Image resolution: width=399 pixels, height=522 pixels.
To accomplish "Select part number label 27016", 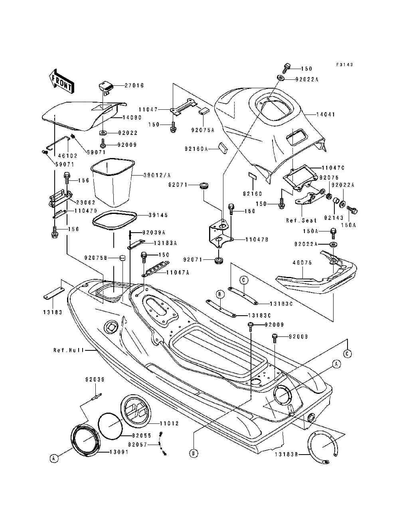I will (134, 85).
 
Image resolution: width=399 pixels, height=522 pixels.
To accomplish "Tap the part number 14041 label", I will (326, 115).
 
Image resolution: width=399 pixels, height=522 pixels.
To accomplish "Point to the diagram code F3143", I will (344, 64).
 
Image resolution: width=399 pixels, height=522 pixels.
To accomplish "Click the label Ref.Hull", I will (69, 350).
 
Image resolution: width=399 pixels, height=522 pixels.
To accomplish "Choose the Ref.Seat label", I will (301, 220).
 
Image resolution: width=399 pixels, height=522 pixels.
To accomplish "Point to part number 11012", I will (169, 423).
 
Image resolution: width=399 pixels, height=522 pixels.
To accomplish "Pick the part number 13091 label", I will (119, 452).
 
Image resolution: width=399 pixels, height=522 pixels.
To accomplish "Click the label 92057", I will (138, 444).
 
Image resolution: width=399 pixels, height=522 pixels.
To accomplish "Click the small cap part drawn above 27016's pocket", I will (106, 87).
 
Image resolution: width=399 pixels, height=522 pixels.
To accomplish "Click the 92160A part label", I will (196, 149).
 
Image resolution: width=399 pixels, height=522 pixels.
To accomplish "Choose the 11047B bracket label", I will (257, 239).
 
